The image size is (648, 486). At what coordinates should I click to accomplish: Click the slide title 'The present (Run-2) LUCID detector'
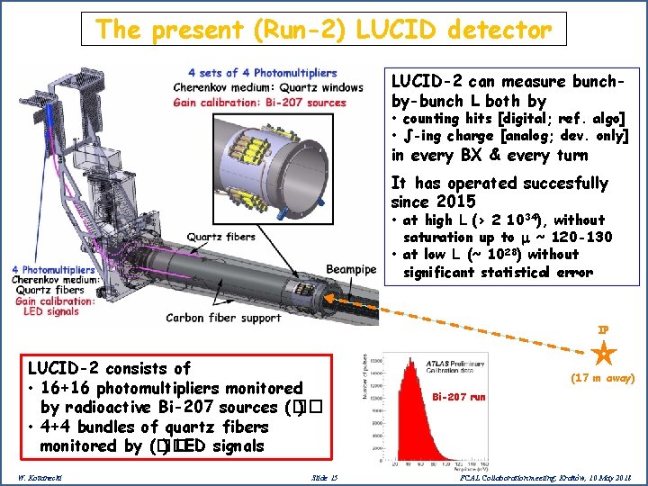coord(323,29)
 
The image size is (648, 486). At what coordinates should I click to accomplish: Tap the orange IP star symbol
coord(605,351)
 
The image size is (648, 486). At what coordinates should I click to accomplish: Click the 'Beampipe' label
coord(351,268)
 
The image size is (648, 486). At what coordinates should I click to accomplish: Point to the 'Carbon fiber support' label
coord(223,318)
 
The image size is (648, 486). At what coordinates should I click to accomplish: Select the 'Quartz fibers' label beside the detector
coord(221,238)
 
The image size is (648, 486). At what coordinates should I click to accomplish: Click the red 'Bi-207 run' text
coord(459,396)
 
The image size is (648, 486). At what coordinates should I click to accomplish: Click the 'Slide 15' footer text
coord(323,476)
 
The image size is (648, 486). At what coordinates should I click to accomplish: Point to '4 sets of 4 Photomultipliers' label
coord(263,73)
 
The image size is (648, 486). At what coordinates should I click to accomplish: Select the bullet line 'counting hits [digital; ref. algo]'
coord(514,119)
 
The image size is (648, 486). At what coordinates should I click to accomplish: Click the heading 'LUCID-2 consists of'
coord(109,368)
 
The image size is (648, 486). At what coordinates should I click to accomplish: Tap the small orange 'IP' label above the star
coord(605,330)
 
